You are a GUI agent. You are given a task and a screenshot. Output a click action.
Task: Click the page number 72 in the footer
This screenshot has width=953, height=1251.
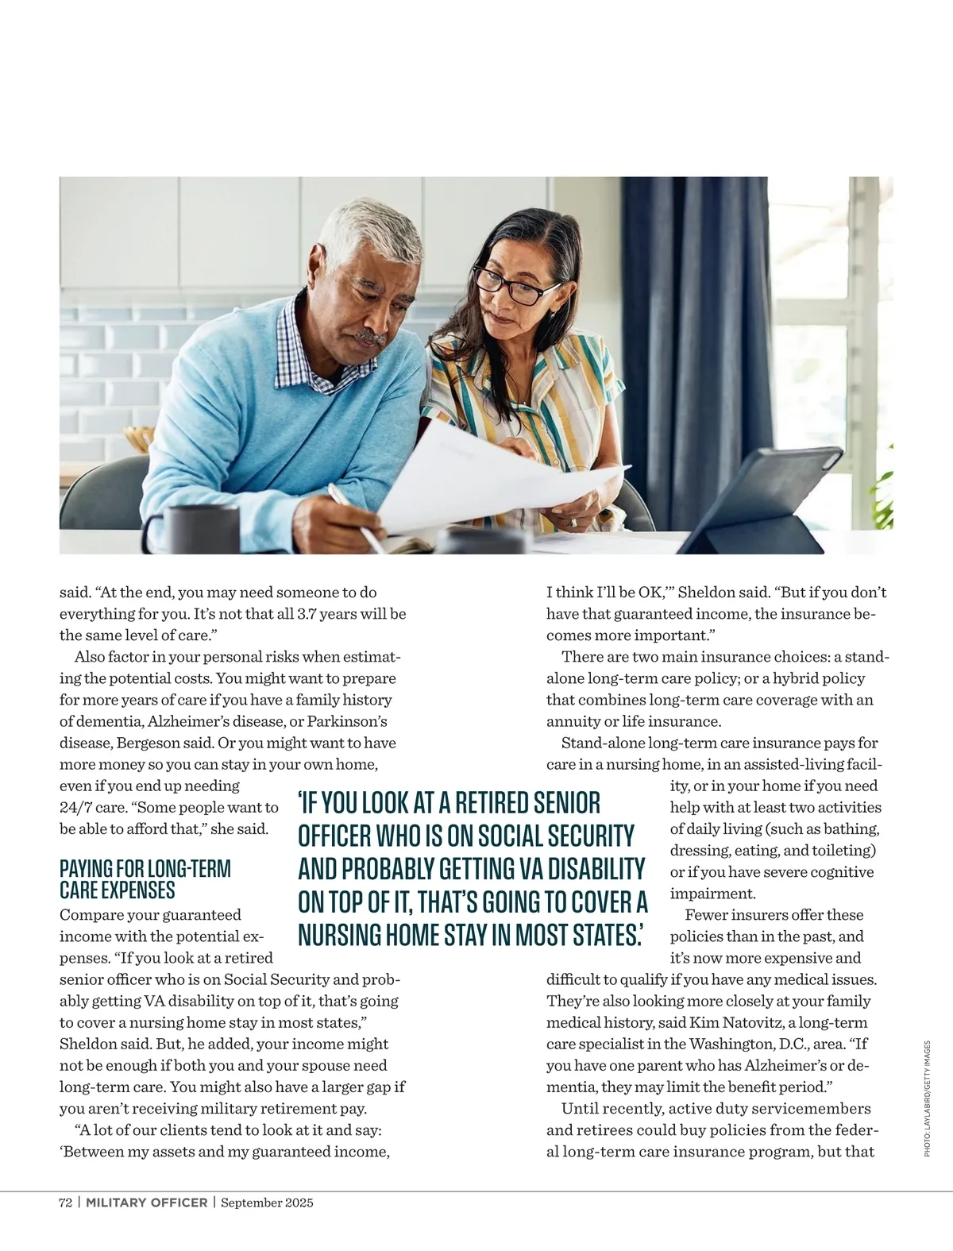coord(66,1203)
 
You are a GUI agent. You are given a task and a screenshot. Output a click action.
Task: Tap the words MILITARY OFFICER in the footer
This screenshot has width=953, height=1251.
coord(147,1203)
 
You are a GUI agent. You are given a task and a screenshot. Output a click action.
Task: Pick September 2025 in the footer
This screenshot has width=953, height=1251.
coord(267,1203)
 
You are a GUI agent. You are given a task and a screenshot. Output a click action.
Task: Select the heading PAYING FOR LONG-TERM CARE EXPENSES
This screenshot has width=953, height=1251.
coord(145,878)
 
